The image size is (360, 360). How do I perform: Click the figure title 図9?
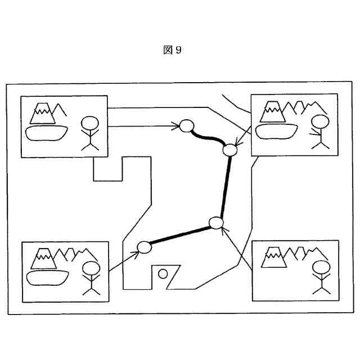coord(172,50)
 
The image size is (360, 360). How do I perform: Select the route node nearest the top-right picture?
coord(229,150)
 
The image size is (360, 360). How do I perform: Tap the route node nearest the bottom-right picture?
coord(216,223)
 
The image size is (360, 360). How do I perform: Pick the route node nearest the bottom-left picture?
coord(144,247)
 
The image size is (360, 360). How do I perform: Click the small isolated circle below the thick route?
coord(163,274)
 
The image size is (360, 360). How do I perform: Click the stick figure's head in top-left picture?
coord(90,123)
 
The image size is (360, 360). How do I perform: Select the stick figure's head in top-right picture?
coord(320,121)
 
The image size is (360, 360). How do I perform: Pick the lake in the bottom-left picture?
coord(47,276)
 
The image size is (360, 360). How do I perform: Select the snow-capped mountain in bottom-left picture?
coord(44,258)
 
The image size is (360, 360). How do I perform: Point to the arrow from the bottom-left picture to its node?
coord(124,260)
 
